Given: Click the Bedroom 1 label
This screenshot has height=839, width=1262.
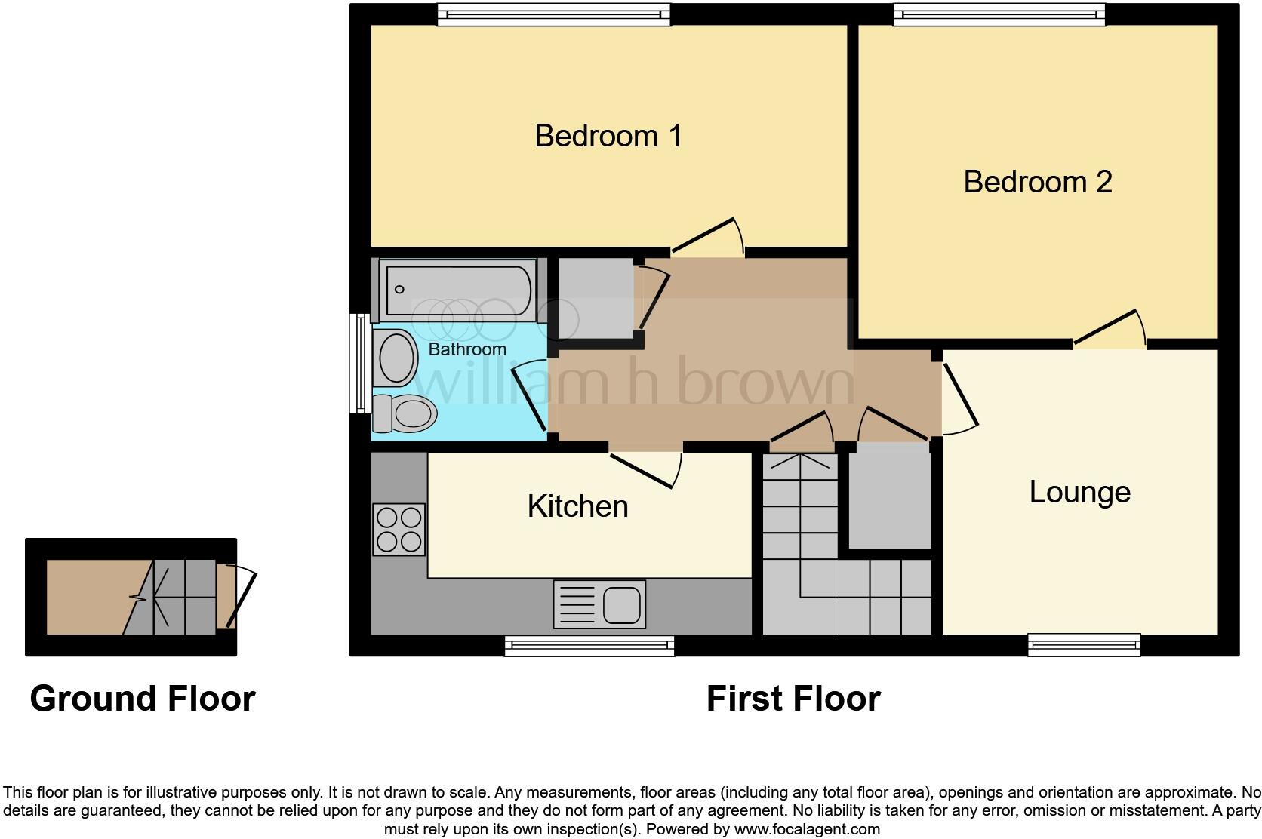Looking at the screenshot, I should tap(608, 136).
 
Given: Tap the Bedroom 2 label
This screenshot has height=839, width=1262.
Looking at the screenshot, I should tap(1037, 182).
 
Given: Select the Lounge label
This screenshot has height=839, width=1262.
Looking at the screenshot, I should tap(1079, 493).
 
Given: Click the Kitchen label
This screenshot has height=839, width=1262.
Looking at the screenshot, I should tap(577, 506).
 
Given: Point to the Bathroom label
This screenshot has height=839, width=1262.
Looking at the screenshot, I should tap(467, 349).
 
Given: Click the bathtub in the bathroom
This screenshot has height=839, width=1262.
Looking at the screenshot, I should tap(458, 290).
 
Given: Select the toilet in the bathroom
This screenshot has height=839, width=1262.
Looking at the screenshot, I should tap(406, 413).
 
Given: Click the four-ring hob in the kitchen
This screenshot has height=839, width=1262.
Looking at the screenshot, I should tap(399, 530).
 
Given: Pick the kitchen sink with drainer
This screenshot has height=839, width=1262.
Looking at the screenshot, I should tap(600, 604).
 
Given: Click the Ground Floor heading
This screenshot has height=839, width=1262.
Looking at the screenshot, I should tap(143, 699).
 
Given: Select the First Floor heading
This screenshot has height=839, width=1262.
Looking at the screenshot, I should tap(793, 699).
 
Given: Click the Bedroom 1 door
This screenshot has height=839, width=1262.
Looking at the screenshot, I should tap(706, 237).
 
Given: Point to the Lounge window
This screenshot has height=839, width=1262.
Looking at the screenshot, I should tap(1084, 644).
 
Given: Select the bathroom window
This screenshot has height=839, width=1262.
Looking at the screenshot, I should tap(359, 364).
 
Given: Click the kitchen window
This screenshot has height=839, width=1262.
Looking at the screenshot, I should tap(589, 644).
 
